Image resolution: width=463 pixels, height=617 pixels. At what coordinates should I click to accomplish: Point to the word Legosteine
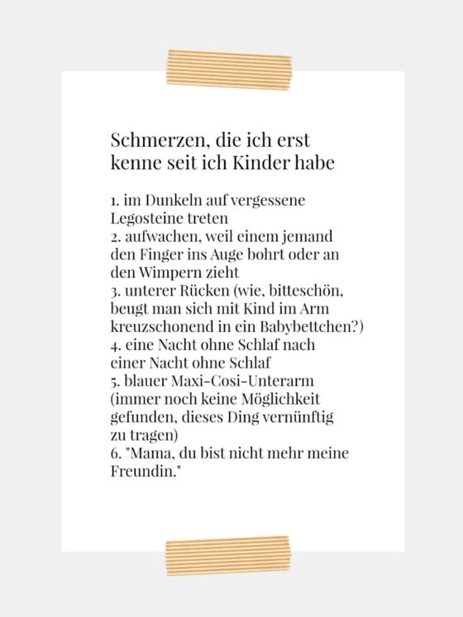click(146, 218)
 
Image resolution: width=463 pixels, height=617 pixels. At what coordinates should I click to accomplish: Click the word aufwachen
click(156, 236)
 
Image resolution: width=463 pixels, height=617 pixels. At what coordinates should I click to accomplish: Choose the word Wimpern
click(162, 272)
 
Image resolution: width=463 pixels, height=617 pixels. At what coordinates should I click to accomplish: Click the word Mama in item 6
click(149, 453)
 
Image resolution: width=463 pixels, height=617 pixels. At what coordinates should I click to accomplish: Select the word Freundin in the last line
click(141, 472)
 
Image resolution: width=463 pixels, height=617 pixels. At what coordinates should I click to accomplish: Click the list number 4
click(114, 344)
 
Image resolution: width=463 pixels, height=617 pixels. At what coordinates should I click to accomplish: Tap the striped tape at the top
click(229, 69)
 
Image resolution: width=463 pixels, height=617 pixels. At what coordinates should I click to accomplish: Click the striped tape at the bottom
click(228, 554)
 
